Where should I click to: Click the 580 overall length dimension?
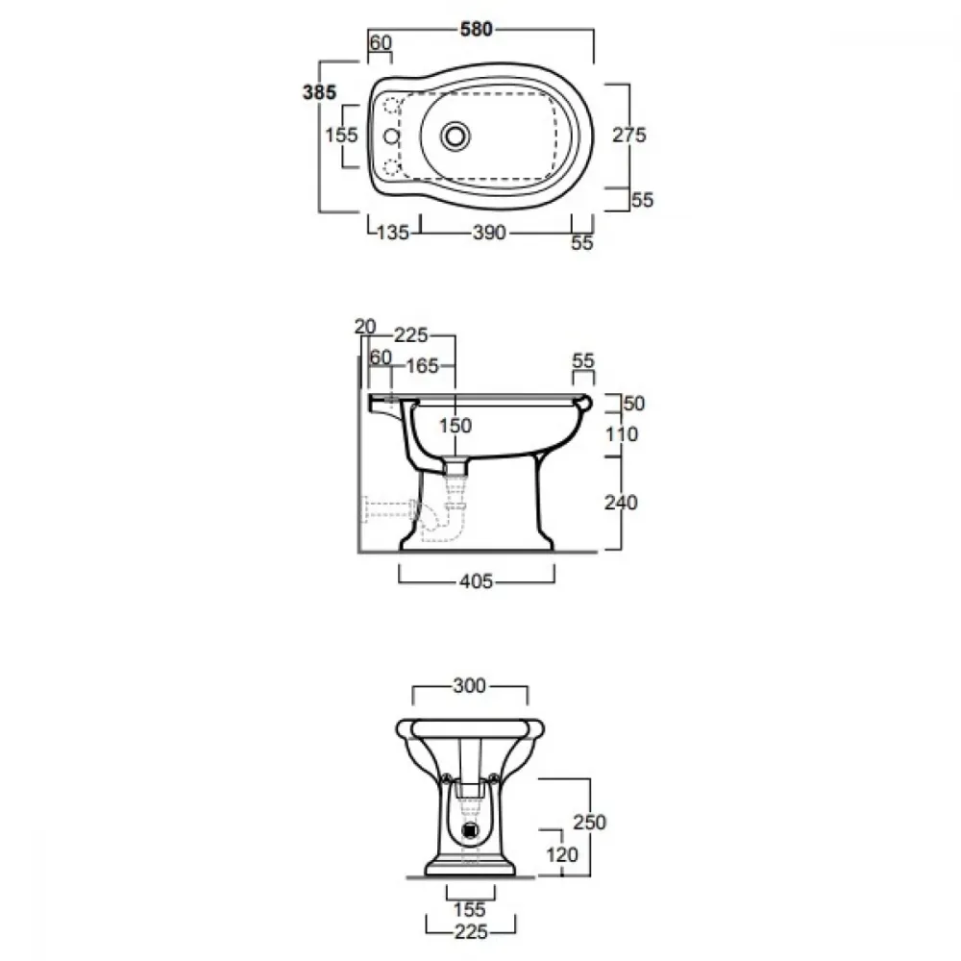477,29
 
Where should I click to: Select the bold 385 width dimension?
319,92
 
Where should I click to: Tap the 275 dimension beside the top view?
628,135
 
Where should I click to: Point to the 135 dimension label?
393,233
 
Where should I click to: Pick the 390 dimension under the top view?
489,233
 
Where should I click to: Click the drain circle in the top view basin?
455,136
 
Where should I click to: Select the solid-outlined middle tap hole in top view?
391,136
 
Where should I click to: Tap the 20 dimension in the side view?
364,327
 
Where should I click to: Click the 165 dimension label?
422,366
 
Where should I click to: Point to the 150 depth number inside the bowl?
456,426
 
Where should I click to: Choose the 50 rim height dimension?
633,404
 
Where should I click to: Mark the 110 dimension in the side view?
622,434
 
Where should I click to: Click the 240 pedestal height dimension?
621,503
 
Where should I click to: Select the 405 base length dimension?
477,581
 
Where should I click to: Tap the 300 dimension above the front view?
470,686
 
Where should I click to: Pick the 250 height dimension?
590,822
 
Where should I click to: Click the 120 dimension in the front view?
561,854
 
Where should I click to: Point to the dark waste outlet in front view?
471,830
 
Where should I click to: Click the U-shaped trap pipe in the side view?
444,520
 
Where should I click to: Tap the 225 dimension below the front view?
471,932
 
